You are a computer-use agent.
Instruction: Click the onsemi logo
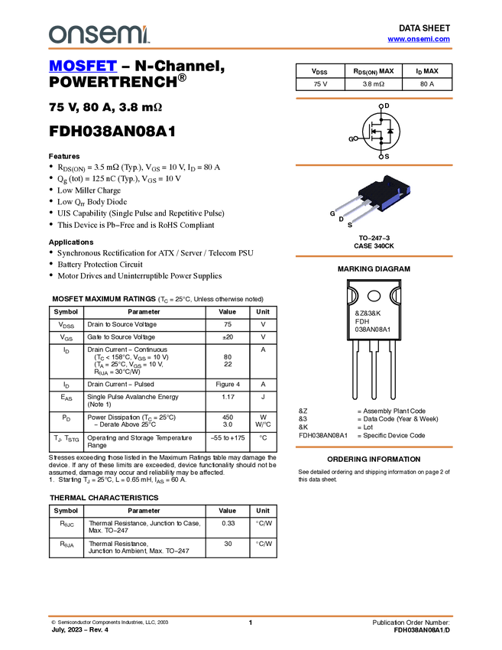(99, 34)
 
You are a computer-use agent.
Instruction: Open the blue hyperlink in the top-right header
(419, 39)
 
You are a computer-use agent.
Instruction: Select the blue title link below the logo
(83, 67)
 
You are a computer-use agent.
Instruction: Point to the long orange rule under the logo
(250, 49)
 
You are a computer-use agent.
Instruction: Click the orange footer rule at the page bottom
(250, 616)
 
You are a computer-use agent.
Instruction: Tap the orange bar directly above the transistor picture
(374, 164)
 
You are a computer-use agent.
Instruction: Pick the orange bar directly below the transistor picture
(374, 256)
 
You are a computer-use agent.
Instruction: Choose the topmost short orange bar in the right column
(374, 99)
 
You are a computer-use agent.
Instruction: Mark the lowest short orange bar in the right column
(374, 447)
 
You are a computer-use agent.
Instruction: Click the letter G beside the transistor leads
(332, 213)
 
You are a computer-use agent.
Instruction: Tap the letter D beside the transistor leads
(341, 219)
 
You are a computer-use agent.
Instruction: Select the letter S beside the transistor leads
(350, 225)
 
